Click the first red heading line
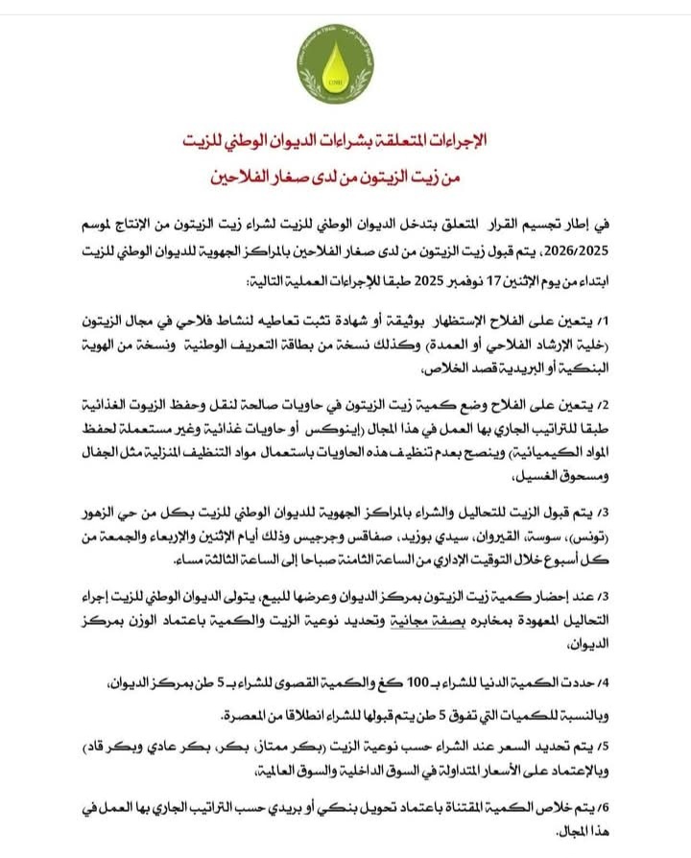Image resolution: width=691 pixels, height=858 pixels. pos(345,141)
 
